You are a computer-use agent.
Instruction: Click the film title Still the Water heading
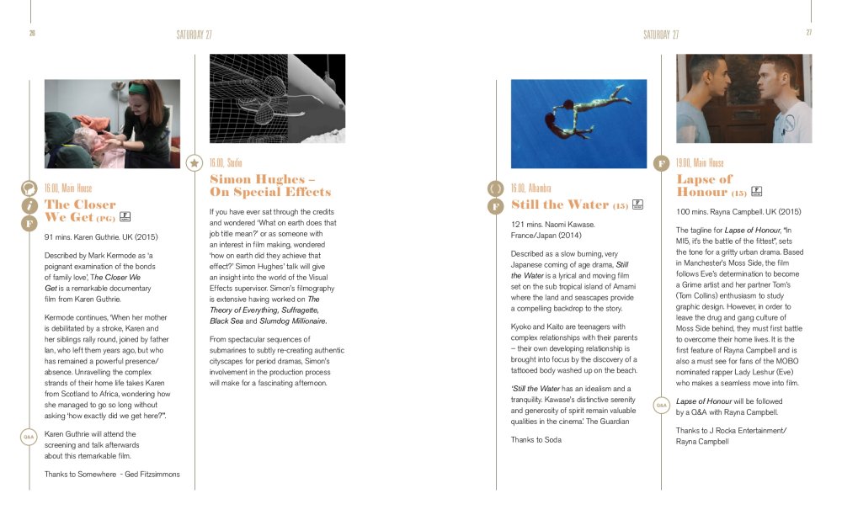[x=560, y=204]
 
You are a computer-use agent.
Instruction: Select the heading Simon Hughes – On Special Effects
[x=270, y=185]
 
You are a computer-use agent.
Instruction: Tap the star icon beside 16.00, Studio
[x=195, y=162]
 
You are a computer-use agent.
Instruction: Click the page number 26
[x=32, y=34]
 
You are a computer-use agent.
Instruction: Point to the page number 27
[x=808, y=34]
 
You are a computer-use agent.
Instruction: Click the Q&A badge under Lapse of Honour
[x=662, y=406]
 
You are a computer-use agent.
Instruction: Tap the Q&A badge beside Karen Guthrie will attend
[x=28, y=437]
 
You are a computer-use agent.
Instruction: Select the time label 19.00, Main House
[x=700, y=162]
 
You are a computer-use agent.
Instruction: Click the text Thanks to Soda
[x=536, y=440]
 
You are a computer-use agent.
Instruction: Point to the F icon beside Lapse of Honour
[x=662, y=162]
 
